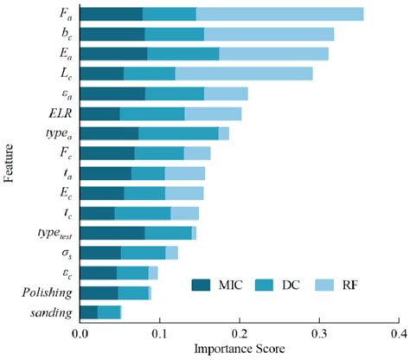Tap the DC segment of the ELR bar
coord(152,113)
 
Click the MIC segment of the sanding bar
coord(88,312)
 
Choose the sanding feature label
coord(51,312)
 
